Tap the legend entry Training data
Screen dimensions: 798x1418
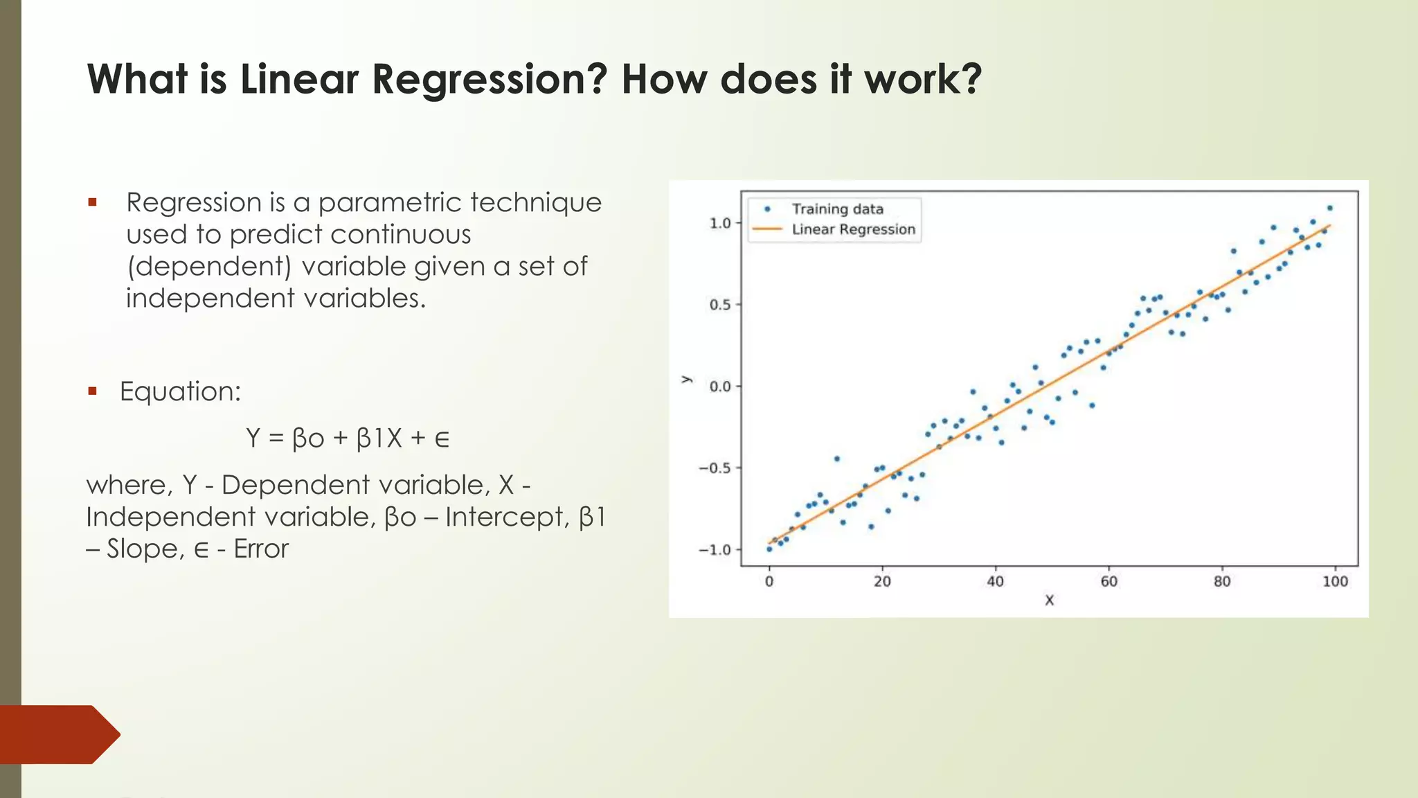click(837, 209)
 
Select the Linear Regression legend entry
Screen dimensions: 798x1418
click(853, 229)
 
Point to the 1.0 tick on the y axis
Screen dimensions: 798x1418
click(720, 223)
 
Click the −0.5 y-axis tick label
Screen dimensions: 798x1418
click(715, 468)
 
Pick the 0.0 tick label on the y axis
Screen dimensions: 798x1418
click(720, 387)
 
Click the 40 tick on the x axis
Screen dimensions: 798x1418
click(995, 582)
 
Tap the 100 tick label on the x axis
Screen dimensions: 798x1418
click(1335, 582)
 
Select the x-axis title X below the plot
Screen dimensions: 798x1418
click(1049, 601)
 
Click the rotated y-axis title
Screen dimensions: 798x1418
click(686, 380)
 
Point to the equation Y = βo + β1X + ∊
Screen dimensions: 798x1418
click(348, 438)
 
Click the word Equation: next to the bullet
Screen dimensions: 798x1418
click(180, 391)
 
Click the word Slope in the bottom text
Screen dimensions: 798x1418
click(145, 549)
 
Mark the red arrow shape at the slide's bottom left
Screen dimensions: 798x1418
click(59, 734)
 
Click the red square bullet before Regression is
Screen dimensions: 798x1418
click(92, 203)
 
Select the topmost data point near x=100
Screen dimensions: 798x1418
click(1329, 208)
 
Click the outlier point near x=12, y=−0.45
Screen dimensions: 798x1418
click(836, 459)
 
